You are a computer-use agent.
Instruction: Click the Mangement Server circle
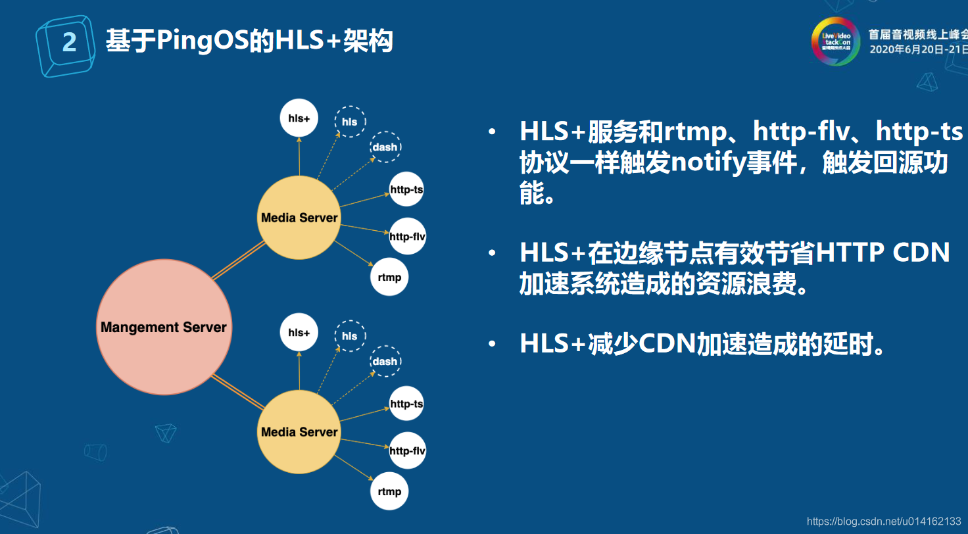[x=164, y=327]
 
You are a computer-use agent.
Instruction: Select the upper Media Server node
[x=299, y=218]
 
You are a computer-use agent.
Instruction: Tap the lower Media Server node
[x=299, y=432]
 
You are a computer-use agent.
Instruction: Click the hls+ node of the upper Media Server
[x=299, y=118]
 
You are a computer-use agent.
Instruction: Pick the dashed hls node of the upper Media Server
[x=350, y=122]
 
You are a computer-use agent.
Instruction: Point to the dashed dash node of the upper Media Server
[x=385, y=147]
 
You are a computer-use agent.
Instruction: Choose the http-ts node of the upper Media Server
[x=406, y=190]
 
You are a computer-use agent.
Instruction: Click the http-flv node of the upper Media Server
[x=408, y=236]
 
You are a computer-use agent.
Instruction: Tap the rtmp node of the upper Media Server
[x=389, y=277]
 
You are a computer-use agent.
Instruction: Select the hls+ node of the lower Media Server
[x=299, y=333]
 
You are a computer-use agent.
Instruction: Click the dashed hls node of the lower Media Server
[x=350, y=336]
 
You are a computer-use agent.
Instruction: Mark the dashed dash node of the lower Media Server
[x=385, y=361]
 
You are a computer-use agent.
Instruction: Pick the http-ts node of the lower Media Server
[x=406, y=404]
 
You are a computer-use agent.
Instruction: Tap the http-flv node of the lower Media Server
[x=408, y=451]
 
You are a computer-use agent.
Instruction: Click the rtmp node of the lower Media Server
[x=389, y=491]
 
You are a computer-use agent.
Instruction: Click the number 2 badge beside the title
[x=68, y=43]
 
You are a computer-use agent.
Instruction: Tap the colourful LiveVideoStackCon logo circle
[x=835, y=41]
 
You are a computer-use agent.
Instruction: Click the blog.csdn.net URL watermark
[x=884, y=522]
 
